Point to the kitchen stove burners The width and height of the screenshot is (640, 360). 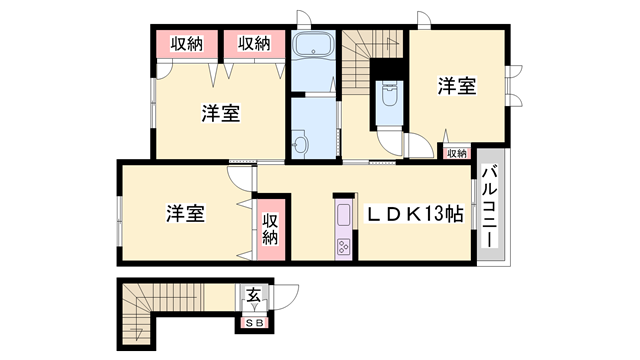click(343, 245)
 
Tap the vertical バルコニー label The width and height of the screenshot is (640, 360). click(490, 211)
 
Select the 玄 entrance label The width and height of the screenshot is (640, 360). click(254, 295)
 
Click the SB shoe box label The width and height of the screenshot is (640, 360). click(254, 322)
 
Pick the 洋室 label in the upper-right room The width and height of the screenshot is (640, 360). click(456, 87)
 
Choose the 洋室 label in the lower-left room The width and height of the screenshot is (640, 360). click(186, 213)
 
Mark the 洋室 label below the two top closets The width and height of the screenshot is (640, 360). click(218, 112)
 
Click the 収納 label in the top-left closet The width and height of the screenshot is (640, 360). click(187, 43)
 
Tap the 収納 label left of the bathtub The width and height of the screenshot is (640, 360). click(254, 43)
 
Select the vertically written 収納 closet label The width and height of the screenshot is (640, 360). click(271, 229)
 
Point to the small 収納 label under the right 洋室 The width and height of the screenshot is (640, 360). click(457, 152)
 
